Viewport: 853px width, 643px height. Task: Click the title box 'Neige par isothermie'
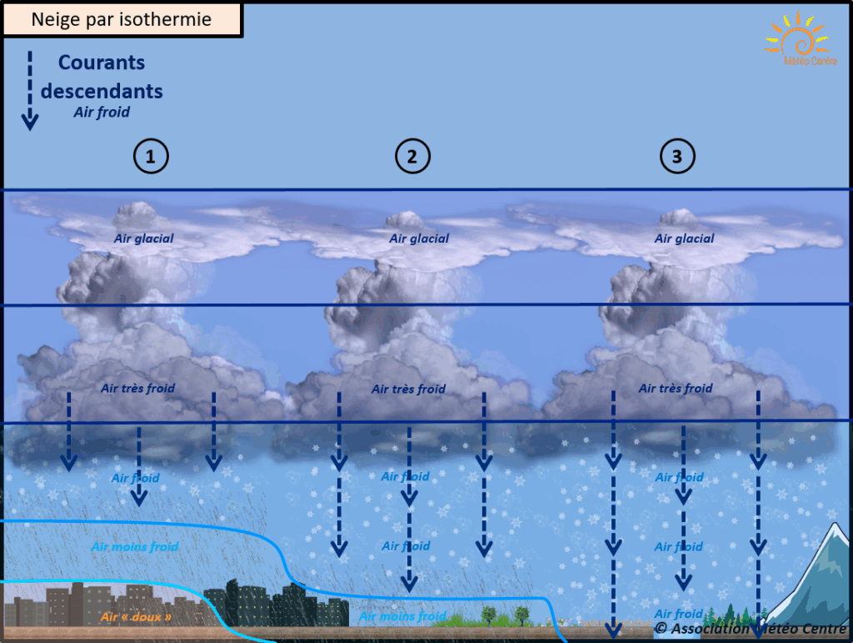[x=122, y=19]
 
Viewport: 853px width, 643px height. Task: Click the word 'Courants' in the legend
[x=102, y=63]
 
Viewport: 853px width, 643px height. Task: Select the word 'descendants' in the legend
[x=102, y=90]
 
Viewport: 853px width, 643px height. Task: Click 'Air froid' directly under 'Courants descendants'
[x=102, y=113]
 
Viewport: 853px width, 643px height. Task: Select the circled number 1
[x=151, y=156]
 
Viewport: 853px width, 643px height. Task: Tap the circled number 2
[x=412, y=156]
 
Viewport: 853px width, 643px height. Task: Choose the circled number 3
[x=676, y=156]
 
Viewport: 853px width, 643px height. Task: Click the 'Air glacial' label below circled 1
[x=144, y=239]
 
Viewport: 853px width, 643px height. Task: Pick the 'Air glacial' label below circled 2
[x=419, y=239]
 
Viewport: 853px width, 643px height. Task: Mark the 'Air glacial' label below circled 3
[x=684, y=239]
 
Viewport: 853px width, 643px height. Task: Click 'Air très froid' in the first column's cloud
[x=137, y=389]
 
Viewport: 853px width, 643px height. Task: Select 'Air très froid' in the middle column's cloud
[x=408, y=389]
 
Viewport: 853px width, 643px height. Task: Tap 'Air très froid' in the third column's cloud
[x=676, y=389]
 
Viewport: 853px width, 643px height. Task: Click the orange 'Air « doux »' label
[x=136, y=618]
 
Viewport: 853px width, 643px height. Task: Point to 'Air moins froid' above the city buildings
[x=134, y=547]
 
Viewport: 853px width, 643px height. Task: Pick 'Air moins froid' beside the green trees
[x=402, y=616]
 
